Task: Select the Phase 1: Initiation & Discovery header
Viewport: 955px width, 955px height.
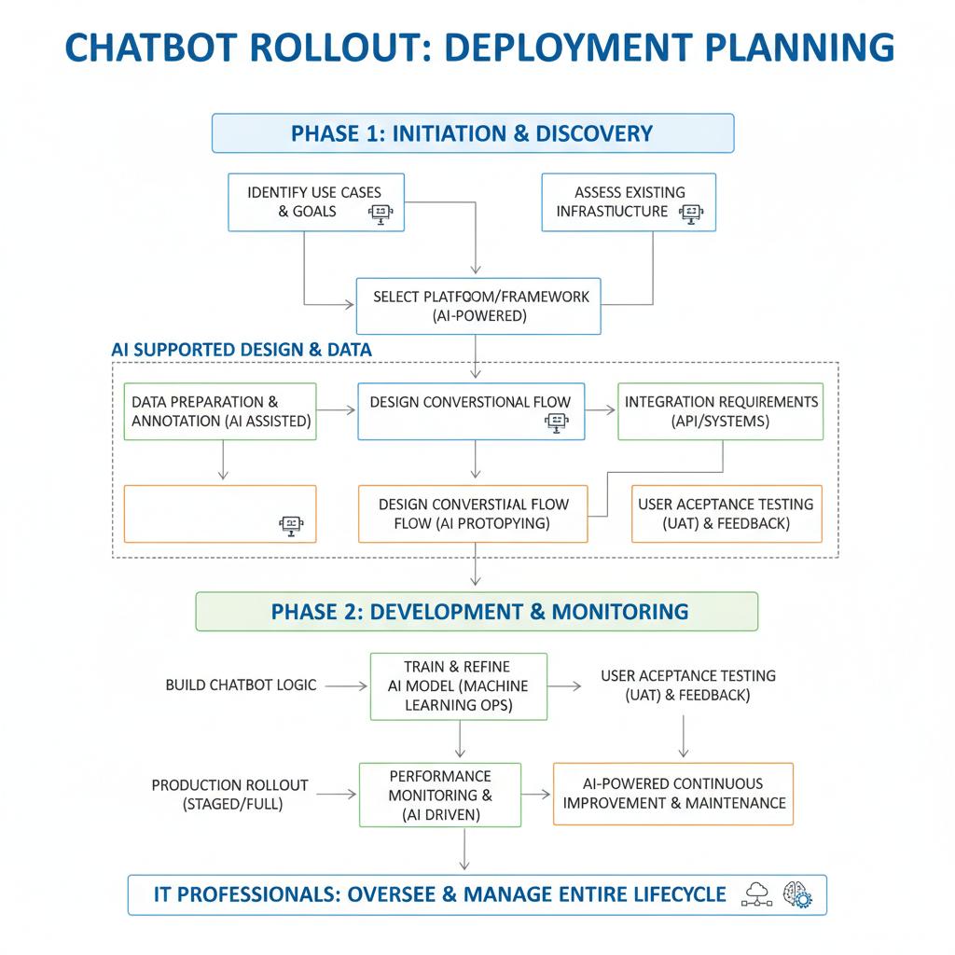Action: click(x=473, y=133)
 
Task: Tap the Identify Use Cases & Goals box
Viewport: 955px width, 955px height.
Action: click(x=317, y=201)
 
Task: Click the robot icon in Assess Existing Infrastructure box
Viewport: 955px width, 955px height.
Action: click(x=691, y=214)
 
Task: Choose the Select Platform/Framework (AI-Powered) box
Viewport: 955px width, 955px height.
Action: click(x=478, y=306)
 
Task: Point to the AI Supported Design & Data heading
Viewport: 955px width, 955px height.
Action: click(x=242, y=350)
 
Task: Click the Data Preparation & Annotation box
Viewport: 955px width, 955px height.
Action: click(x=222, y=411)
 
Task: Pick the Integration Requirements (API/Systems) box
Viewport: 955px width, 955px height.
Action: click(x=721, y=411)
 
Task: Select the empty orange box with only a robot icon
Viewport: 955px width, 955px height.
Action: click(x=220, y=513)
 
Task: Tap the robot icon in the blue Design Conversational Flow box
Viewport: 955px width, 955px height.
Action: click(x=557, y=423)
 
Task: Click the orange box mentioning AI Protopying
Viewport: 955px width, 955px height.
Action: click(x=473, y=513)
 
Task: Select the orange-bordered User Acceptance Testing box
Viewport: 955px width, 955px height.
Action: click(x=727, y=513)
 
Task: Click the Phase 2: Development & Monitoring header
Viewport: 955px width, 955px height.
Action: click(x=477, y=612)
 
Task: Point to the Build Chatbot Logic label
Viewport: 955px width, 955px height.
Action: click(x=241, y=685)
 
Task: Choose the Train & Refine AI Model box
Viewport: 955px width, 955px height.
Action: click(x=459, y=685)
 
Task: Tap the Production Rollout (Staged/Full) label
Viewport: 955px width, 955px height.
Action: click(x=229, y=795)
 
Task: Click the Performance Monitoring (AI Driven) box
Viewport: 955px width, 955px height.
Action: click(x=440, y=795)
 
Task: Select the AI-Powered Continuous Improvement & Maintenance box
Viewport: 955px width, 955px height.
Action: click(x=673, y=794)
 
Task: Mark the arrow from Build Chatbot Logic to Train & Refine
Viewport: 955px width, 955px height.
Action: click(x=346, y=685)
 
